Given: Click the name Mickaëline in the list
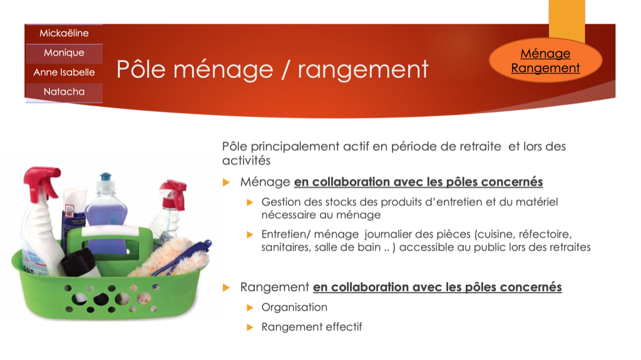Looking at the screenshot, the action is [64, 33].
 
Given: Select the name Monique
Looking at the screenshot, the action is [64, 53].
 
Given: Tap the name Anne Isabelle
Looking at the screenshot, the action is [64, 73].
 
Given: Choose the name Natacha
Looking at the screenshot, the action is [64, 91].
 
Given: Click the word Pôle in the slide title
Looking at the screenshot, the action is [141, 69].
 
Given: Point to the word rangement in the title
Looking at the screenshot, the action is [363, 69].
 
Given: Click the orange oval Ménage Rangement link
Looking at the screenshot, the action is [545, 61].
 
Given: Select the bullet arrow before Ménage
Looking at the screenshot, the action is [226, 182].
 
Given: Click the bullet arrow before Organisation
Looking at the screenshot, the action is [250, 307].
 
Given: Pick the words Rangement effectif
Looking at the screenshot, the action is [312, 327].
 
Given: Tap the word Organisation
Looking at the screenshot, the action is [294, 307].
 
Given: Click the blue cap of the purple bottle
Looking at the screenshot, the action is [106, 177].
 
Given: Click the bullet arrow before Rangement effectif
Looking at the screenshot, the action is [250, 327].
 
